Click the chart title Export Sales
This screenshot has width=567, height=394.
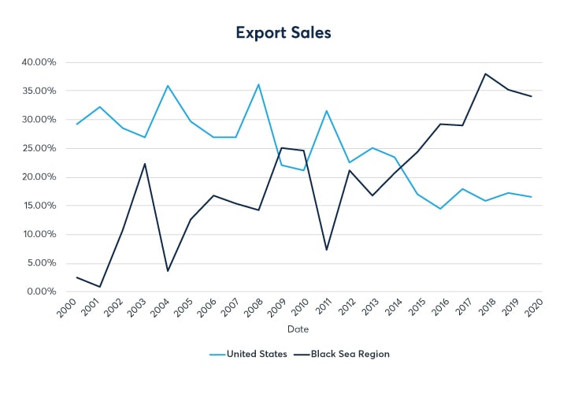pos(283,33)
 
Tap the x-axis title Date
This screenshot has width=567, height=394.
pos(298,329)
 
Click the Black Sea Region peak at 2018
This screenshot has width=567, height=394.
pos(485,74)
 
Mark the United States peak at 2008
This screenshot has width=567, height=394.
pos(259,84)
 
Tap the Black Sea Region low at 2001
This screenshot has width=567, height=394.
pos(100,287)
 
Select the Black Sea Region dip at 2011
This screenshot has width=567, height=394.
pos(327,250)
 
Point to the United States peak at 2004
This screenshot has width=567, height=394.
pos(168,86)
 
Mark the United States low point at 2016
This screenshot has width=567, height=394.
pos(440,209)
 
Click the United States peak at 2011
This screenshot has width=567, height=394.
pos(327,111)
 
